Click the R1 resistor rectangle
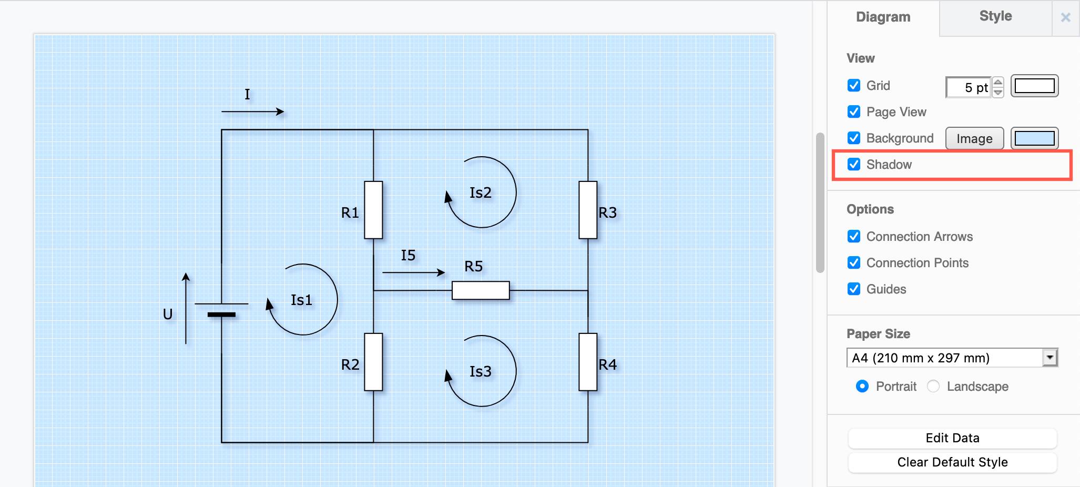click(x=373, y=210)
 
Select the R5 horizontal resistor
click(x=481, y=290)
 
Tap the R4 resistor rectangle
click(x=588, y=362)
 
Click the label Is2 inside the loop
click(x=480, y=192)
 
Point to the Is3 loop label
click(x=480, y=371)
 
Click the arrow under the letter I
click(x=252, y=111)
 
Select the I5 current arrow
click(x=413, y=272)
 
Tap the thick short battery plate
click(x=221, y=314)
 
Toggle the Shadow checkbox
click(x=854, y=165)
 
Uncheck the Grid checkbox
click(x=854, y=86)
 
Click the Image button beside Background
click(x=974, y=138)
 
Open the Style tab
click(x=995, y=17)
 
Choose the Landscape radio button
click(x=933, y=387)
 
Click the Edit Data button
click(x=952, y=438)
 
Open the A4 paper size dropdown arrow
click(x=1050, y=358)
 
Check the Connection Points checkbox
click(x=854, y=263)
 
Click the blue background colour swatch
click(x=1034, y=138)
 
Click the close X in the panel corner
click(x=1065, y=17)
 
